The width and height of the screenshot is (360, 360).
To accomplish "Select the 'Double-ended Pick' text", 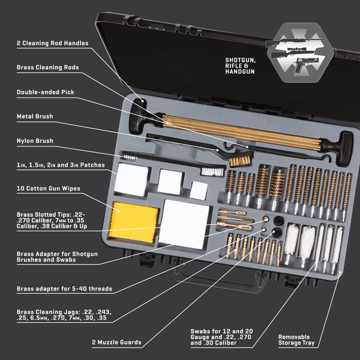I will click(46, 92).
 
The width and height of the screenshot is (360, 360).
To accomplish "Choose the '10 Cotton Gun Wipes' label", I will click(48, 188).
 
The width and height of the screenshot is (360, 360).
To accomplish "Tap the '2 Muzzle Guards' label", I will click(117, 343).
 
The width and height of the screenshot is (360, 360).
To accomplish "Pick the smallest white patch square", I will click(199, 190).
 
